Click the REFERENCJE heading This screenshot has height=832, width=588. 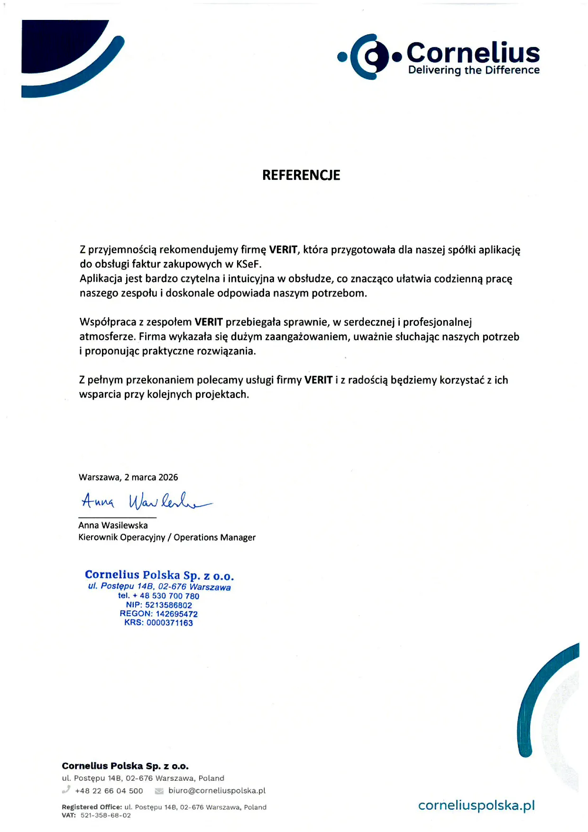(x=301, y=175)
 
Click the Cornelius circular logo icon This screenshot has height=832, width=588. (x=370, y=57)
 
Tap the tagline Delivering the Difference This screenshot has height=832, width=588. (x=474, y=70)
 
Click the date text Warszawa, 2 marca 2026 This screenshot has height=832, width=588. (x=129, y=477)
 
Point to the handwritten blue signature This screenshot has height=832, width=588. (x=145, y=501)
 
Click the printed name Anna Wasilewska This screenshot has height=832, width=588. (x=113, y=525)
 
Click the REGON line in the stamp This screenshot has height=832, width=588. (x=158, y=614)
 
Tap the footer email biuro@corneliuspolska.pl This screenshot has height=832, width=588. (x=217, y=791)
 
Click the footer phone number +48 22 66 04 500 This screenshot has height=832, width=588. (x=109, y=791)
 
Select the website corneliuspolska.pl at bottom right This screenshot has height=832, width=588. (x=476, y=805)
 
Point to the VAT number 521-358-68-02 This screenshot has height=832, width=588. (x=106, y=815)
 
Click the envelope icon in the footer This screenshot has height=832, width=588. (x=159, y=791)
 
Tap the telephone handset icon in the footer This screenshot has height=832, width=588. (x=66, y=790)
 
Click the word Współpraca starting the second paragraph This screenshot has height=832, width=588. (x=108, y=323)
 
